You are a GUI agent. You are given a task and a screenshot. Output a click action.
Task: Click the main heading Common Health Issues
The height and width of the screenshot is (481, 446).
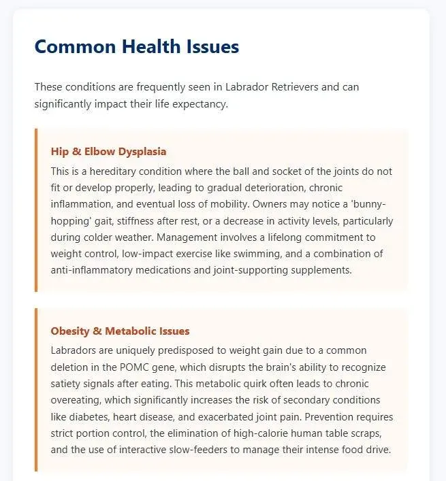[136, 46]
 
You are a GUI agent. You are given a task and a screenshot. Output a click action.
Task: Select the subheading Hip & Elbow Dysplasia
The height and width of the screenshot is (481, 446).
[108, 151]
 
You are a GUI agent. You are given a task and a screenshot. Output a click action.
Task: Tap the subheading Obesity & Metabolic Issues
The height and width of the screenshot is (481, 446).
[120, 331]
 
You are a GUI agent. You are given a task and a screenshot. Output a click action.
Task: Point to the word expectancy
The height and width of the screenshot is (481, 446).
[202, 103]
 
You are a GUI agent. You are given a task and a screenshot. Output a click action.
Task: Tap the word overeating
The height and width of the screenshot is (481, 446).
[78, 400]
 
